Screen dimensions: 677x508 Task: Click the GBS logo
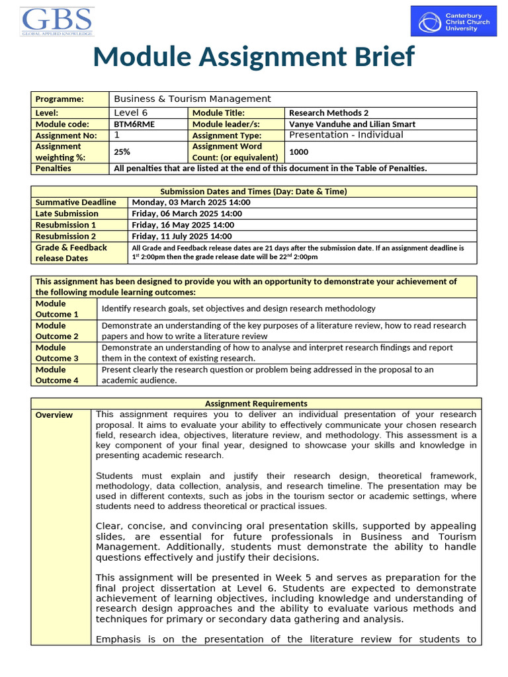(57, 21)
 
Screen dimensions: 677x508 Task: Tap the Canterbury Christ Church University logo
(453, 21)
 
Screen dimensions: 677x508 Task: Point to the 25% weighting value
(122, 151)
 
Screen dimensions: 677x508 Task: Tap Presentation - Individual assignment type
(346, 135)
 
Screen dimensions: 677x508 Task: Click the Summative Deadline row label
(75, 202)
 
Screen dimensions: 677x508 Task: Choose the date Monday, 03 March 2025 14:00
(187, 202)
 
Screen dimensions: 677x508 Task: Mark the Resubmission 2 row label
(65, 236)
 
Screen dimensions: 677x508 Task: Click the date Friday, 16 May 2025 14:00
(182, 225)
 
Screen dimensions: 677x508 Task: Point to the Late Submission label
(67, 214)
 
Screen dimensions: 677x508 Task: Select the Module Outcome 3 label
(57, 352)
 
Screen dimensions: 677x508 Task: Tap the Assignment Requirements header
(256, 403)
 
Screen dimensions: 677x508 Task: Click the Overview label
(54, 415)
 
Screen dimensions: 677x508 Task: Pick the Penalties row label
(54, 168)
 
